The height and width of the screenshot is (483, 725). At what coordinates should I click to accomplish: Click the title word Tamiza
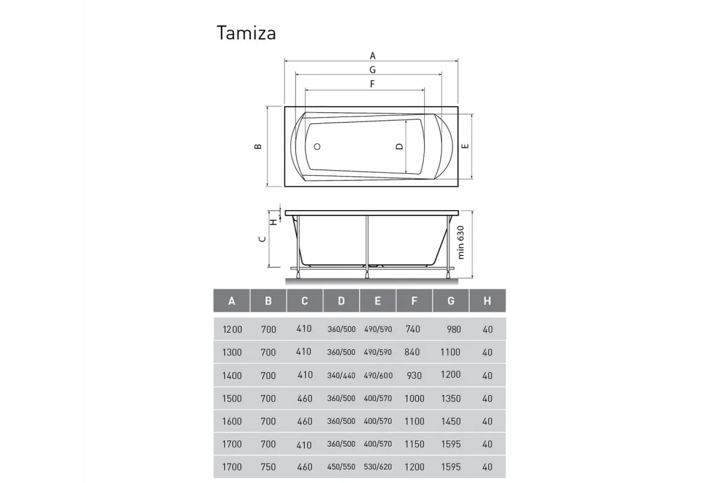246,33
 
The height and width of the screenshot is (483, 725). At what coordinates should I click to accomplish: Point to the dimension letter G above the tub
373,69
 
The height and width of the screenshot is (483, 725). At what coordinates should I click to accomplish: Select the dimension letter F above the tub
373,84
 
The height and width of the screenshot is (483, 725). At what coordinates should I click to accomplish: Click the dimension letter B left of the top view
258,147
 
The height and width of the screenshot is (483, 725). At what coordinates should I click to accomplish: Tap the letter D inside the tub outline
399,147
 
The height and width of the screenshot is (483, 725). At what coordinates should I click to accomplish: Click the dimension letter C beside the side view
261,239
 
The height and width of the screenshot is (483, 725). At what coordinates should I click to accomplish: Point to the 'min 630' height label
462,242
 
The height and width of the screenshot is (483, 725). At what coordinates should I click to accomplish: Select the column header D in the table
341,301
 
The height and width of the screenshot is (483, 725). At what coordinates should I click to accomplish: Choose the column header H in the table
487,301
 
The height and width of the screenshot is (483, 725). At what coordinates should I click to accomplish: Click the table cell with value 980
453,330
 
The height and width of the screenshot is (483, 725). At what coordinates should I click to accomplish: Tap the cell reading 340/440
341,376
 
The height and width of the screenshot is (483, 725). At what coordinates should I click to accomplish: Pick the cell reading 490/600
378,376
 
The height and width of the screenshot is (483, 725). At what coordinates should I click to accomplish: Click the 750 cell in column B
268,467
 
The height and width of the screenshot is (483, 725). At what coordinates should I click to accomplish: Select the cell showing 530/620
378,467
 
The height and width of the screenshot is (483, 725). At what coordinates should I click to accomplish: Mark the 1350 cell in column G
451,398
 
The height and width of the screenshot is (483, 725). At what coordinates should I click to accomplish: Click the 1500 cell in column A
232,398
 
